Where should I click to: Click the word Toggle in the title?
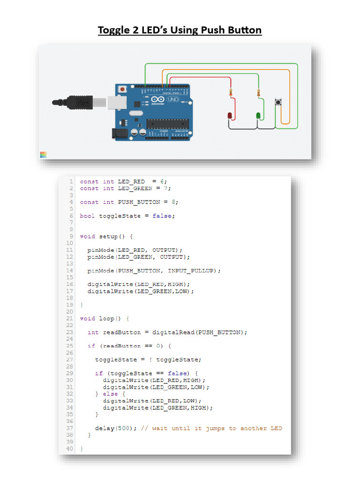pyautogui.click(x=114, y=30)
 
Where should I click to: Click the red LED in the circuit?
pyautogui.click(x=230, y=115)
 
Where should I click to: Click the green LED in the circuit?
pyautogui.click(x=258, y=115)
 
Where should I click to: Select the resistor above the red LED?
pyautogui.click(x=230, y=93)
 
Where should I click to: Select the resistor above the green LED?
pyautogui.click(x=258, y=93)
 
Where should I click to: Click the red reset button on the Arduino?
pyautogui.click(x=123, y=89)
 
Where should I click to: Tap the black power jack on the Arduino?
pyautogui.click(x=120, y=134)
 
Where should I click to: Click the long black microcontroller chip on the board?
pyautogui.click(x=167, y=123)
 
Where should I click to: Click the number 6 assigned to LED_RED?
pyautogui.click(x=160, y=181)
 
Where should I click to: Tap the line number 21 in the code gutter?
pyautogui.click(x=69, y=318)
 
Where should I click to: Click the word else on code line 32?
pyautogui.click(x=110, y=394)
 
